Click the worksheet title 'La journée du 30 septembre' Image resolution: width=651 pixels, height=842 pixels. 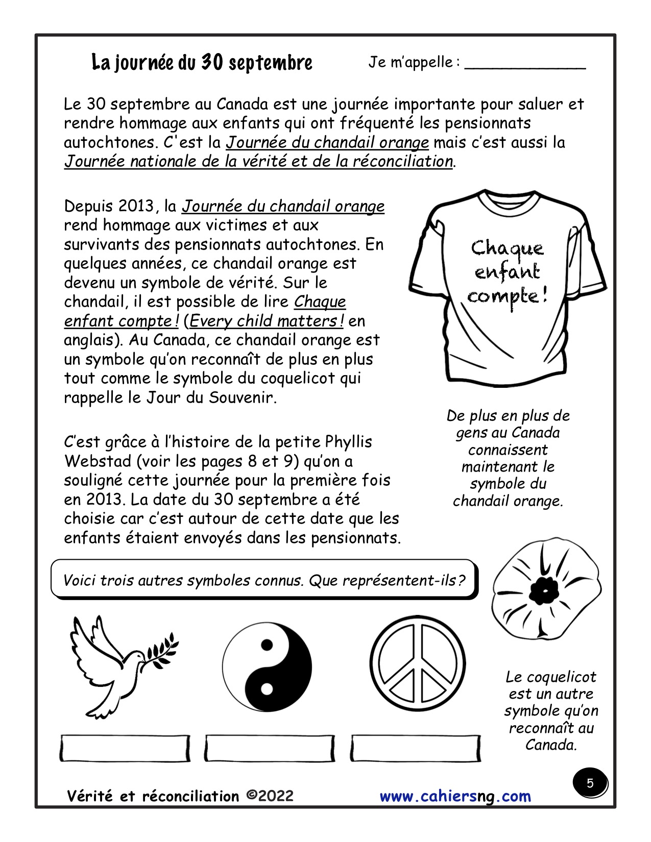(202, 63)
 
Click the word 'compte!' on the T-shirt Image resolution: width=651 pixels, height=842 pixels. (507, 296)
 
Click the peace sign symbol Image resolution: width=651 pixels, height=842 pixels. (418, 663)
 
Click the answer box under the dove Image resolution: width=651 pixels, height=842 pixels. (125, 749)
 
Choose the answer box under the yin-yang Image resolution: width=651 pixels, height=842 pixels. (270, 749)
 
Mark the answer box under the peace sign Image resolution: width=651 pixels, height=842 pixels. (416, 749)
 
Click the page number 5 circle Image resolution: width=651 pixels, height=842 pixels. (590, 783)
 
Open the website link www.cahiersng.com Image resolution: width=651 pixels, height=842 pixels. (455, 797)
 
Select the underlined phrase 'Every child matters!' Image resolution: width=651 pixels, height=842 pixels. (267, 321)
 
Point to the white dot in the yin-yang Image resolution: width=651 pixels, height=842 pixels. (267, 689)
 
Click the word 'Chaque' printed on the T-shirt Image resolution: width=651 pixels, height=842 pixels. (507, 249)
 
